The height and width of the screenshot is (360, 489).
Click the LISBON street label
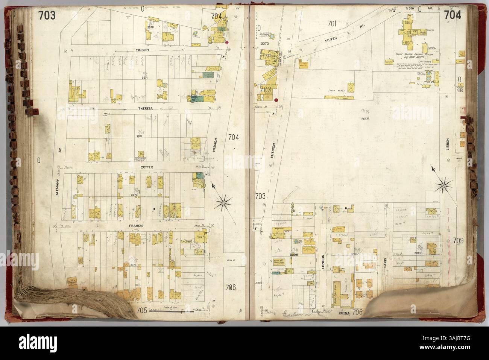[x=448, y=143]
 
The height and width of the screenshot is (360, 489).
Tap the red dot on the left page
[x=227, y=42]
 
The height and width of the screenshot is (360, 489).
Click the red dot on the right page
[x=276, y=100]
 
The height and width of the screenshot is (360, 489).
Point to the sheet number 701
[x=331, y=23]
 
